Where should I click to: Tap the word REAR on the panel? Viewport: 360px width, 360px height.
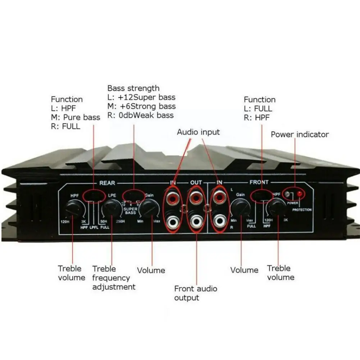tap(107, 183)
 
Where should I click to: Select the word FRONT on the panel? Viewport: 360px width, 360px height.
tap(259, 182)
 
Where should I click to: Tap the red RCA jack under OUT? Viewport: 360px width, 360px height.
tap(196, 197)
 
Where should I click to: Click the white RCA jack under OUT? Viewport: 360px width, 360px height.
tap(196, 221)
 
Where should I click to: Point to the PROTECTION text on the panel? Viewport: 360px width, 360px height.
tap(302, 210)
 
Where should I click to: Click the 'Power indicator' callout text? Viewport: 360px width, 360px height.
tap(300, 135)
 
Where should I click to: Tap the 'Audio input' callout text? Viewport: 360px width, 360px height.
tap(198, 132)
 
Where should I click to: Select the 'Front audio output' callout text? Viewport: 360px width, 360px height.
tap(196, 293)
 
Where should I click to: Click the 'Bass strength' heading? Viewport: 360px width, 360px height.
tap(133, 88)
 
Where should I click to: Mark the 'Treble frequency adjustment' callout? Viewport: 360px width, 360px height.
tap(114, 278)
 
